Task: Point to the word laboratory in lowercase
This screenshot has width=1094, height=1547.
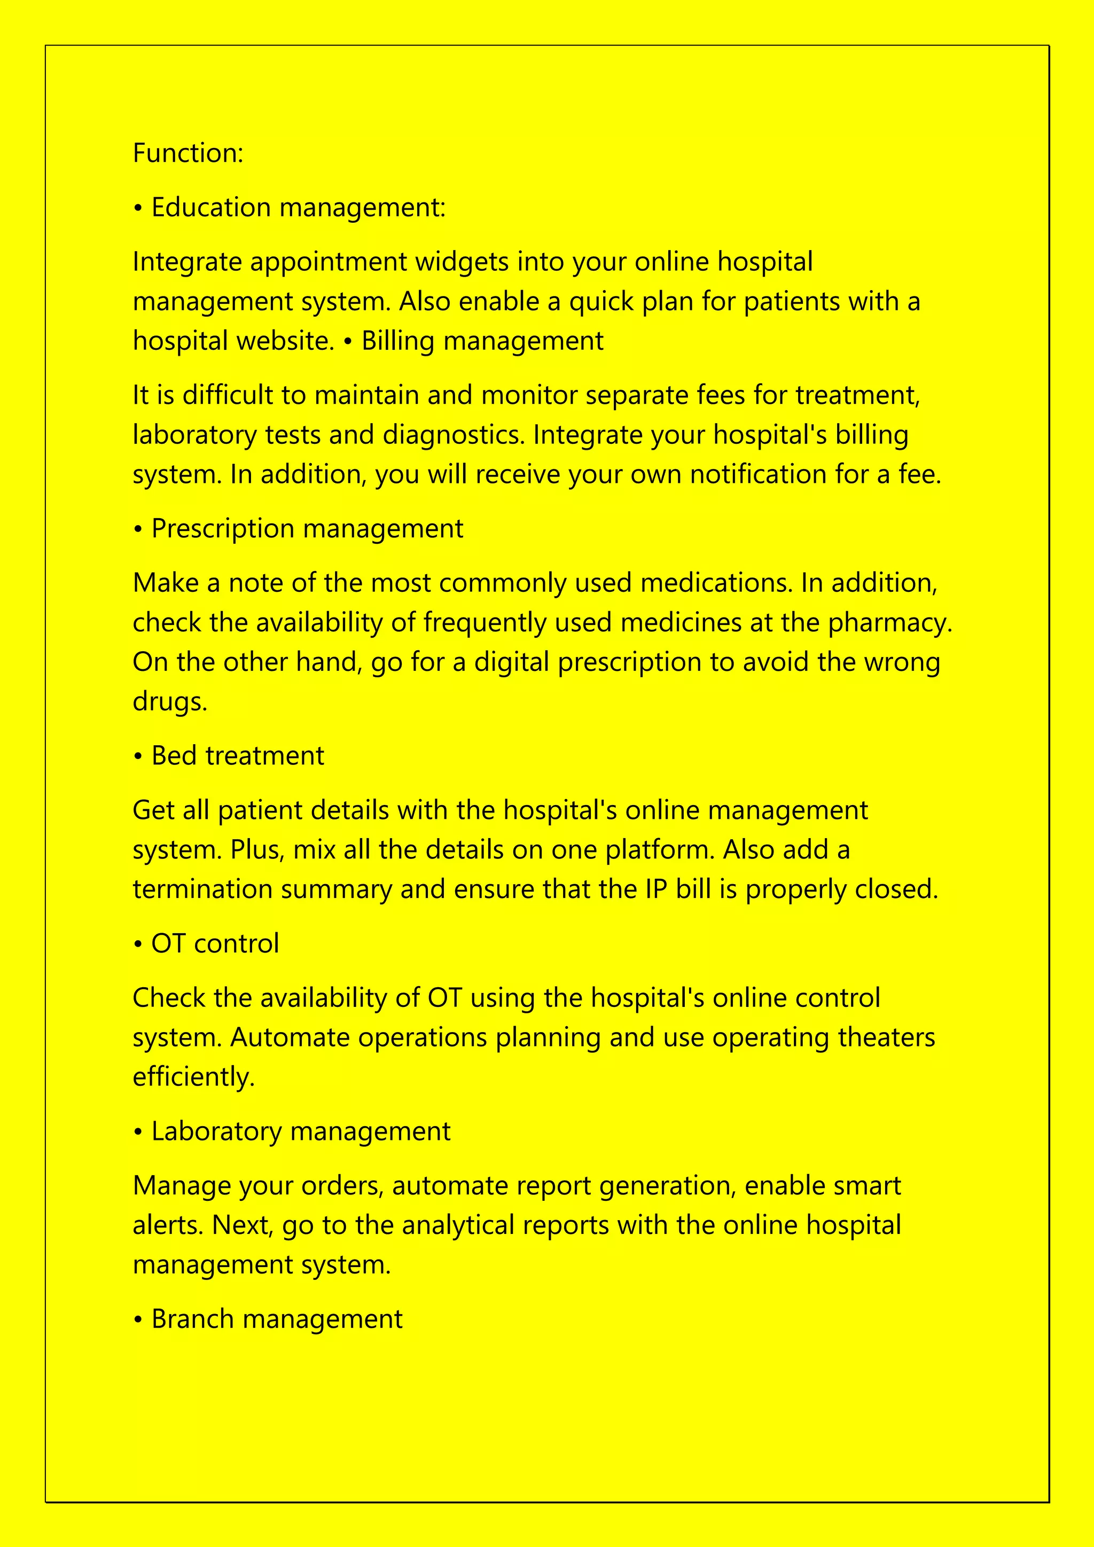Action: pyautogui.click(x=194, y=435)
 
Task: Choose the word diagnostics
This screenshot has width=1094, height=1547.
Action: pyautogui.click(x=454, y=435)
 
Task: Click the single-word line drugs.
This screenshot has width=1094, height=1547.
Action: pyautogui.click(x=170, y=701)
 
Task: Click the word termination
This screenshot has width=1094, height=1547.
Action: pyautogui.click(x=202, y=889)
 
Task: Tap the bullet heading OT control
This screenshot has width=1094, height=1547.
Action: pyautogui.click(x=214, y=944)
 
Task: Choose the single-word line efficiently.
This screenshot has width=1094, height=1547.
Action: pyautogui.click(x=193, y=1077)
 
